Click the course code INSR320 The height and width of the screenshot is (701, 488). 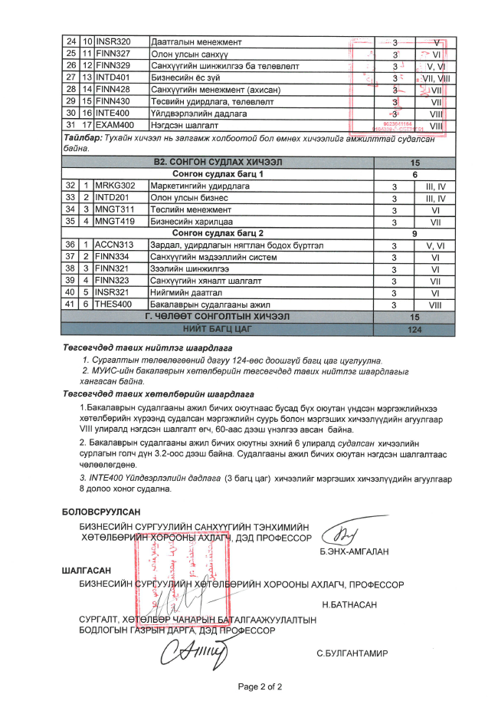113,41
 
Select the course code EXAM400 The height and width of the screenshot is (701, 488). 115,125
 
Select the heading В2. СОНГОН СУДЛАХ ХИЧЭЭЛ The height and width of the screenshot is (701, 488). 218,163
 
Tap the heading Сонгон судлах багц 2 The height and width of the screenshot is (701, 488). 218,233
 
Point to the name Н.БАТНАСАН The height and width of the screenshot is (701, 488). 350,605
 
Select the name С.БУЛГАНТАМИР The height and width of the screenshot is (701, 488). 352,654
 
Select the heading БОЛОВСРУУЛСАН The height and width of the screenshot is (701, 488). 101,512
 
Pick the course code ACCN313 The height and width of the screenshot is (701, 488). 114,245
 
